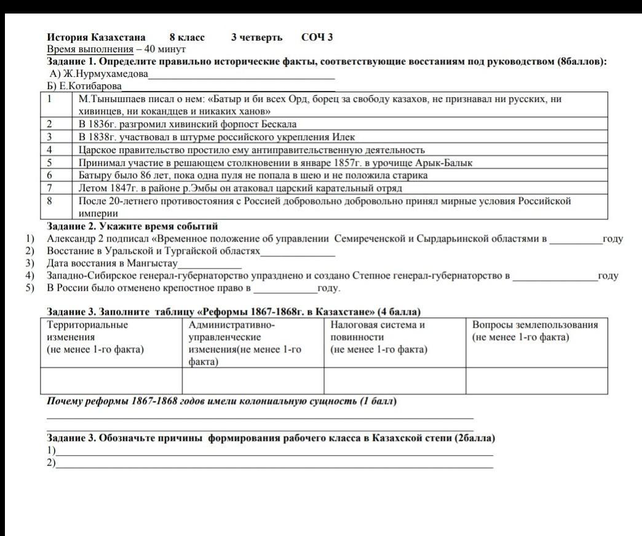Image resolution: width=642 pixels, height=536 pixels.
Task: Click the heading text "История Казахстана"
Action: tap(96, 37)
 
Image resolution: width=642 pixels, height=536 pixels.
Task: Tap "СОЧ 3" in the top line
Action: tap(317, 37)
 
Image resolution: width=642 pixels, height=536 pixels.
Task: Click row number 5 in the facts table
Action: tap(50, 163)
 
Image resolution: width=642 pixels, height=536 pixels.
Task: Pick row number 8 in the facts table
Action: tap(50, 201)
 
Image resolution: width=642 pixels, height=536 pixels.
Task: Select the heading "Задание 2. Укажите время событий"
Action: tap(133, 226)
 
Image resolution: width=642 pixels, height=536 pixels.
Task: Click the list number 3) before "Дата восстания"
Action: tap(29, 264)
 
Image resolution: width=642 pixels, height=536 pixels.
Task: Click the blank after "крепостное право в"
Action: tap(285, 289)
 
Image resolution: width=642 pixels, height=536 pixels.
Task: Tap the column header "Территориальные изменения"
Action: tap(87, 331)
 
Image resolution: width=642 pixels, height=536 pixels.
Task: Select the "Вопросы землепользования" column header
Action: tap(535, 325)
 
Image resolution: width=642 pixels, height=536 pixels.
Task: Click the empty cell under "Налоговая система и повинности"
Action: tap(394, 380)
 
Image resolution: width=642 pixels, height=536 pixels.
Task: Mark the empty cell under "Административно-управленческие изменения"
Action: tap(253, 380)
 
